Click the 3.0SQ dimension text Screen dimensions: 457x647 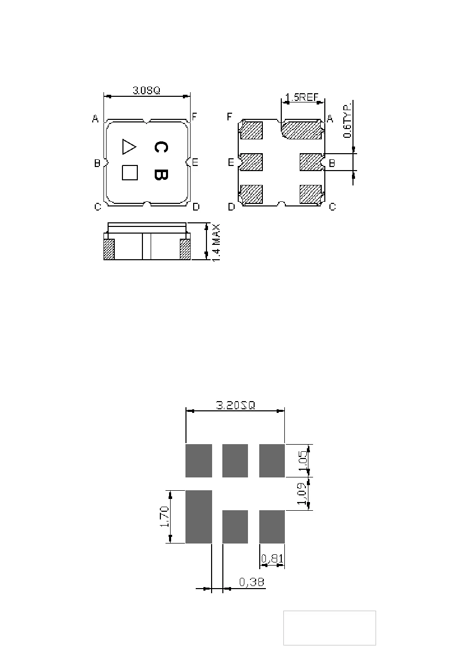[x=146, y=90]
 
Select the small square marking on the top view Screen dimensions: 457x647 [x=130, y=173]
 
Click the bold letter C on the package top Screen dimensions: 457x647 [x=161, y=147]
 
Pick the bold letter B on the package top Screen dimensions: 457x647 [x=161, y=175]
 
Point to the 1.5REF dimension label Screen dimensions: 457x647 [x=301, y=97]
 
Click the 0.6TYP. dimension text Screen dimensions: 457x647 [x=347, y=119]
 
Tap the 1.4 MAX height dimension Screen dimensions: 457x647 [x=216, y=243]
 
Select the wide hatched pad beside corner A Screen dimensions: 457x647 [x=302, y=130]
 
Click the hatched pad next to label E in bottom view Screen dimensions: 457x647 [x=251, y=162]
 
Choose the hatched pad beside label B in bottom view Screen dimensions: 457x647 [x=311, y=162]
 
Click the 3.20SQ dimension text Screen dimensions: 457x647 [x=236, y=405]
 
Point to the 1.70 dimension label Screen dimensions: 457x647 [x=164, y=516]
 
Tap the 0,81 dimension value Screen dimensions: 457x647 [x=272, y=558]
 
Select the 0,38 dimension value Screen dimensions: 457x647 [x=252, y=582]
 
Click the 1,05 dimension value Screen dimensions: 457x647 [x=303, y=461]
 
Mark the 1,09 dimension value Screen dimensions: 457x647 [x=302, y=493]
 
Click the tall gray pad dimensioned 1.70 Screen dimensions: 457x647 [x=199, y=516]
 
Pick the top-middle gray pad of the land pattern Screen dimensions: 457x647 [x=235, y=461]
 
